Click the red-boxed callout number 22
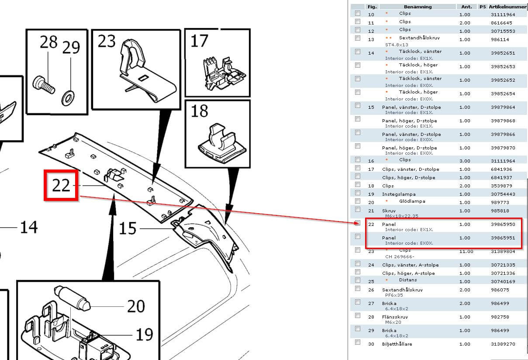[61, 186]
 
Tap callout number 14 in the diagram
[29, 227]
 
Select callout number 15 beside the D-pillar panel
[128, 228]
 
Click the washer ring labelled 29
[68, 98]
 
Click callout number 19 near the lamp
[144, 335]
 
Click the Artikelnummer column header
[508, 7]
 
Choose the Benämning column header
[418, 7]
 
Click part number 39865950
[503, 225]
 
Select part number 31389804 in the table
[503, 252]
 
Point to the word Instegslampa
[399, 194]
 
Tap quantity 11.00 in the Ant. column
[466, 252]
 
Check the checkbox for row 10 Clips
[358, 13]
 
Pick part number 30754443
[503, 194]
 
